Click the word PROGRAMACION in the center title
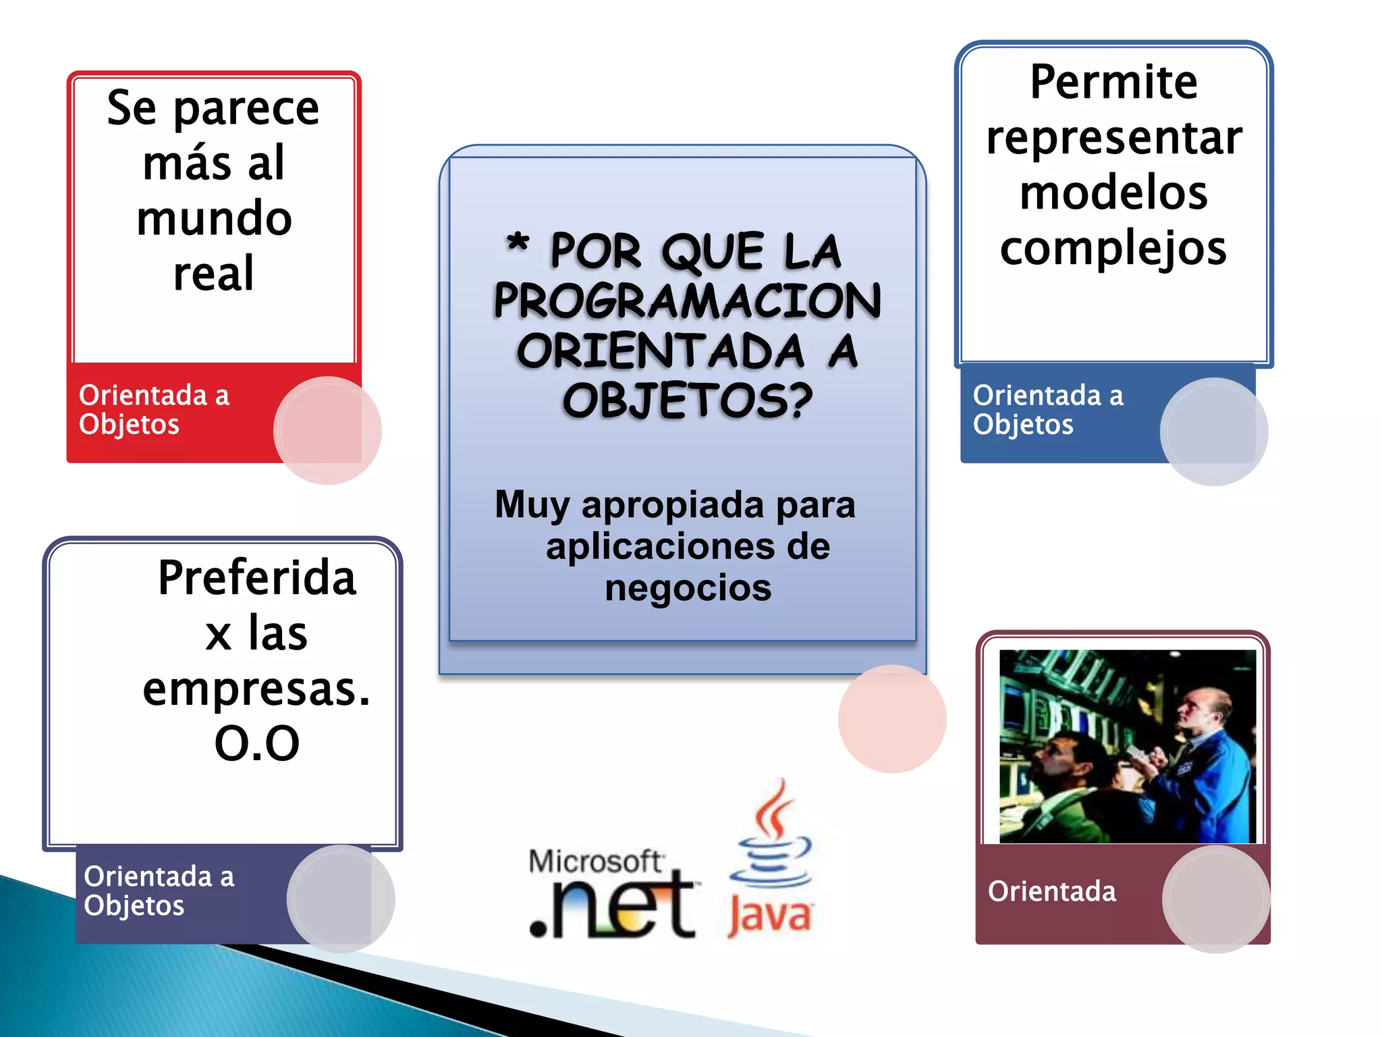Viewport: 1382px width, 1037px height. pos(687,301)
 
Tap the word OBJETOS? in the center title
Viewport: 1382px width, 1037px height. pos(687,401)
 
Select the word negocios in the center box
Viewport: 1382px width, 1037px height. pos(688,587)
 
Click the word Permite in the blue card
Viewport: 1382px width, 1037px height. pos(1113,82)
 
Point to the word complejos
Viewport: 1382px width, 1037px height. pos(1113,248)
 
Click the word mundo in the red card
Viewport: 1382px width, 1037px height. pos(214,219)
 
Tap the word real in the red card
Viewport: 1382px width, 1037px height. pos(214,274)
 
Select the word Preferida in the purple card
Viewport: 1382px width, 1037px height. pos(256,579)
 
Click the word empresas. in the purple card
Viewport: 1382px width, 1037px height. pos(256,689)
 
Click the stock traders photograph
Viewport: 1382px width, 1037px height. pos(1127,746)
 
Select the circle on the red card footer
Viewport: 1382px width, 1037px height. pos(327,431)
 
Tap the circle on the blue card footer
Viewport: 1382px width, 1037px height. pos(1214,431)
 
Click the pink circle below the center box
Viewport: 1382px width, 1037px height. pos(892,719)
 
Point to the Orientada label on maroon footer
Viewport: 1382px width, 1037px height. pos(1051,891)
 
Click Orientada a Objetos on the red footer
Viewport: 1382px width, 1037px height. pos(154,410)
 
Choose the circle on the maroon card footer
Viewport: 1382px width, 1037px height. pos(1216,899)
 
